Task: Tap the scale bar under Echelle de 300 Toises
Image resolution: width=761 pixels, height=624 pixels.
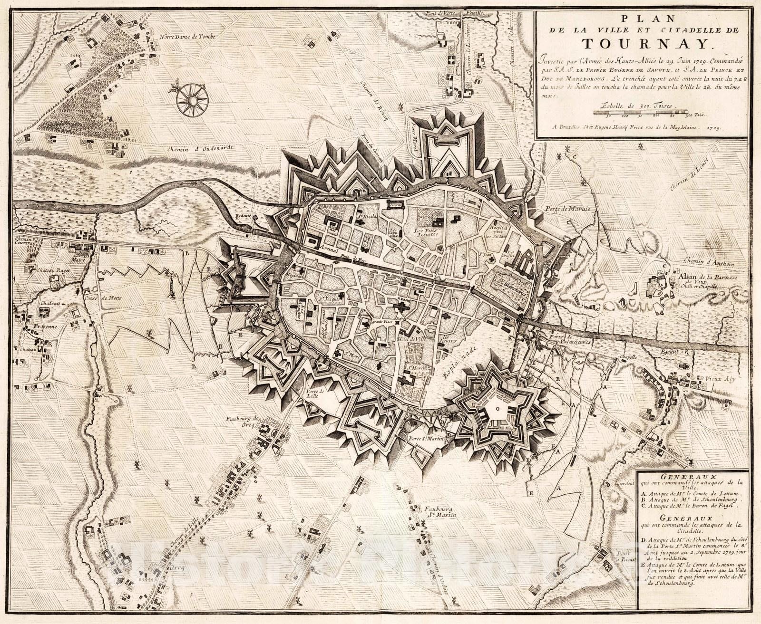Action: point(650,112)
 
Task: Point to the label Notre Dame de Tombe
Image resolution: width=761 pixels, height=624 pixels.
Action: point(188,37)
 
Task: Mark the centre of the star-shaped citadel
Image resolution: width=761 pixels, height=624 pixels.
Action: point(497,408)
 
